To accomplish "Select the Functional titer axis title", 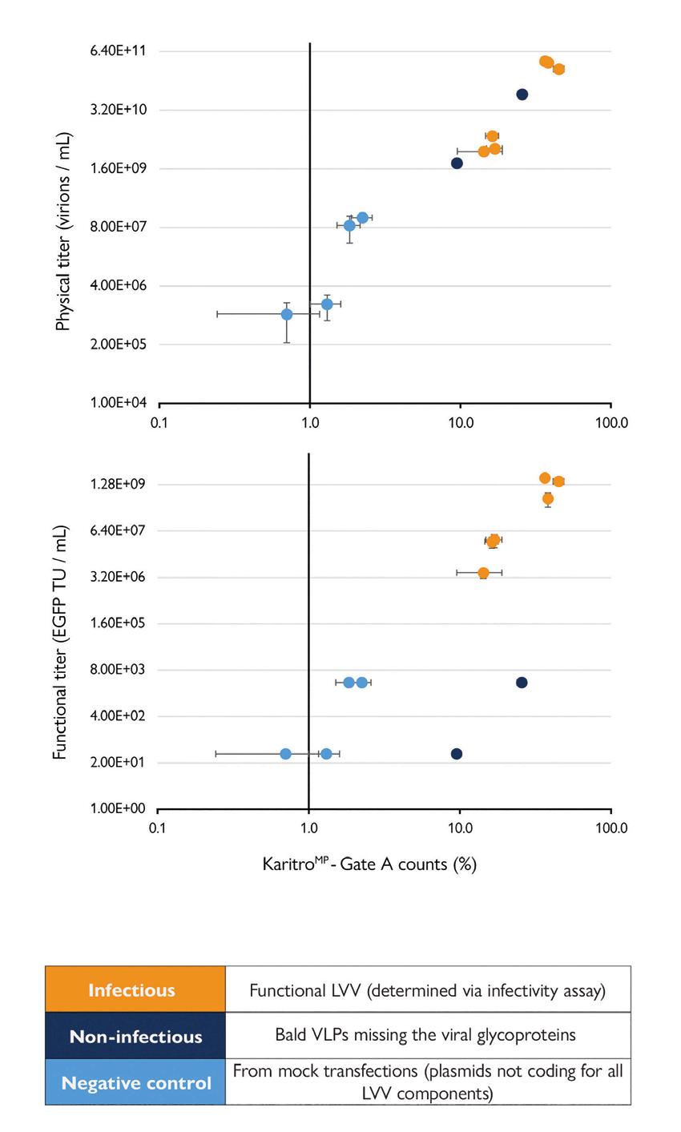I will tap(60, 643).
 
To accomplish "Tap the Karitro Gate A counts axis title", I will tap(369, 864).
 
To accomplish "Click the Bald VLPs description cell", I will tap(425, 1034).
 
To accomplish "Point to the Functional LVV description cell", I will tap(427, 990).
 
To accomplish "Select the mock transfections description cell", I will tap(427, 1082).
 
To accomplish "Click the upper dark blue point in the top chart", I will tap(522, 95).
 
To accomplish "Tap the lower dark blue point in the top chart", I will tap(457, 163).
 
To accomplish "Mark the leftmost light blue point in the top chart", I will tap(287, 314).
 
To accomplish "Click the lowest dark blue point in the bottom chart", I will tap(457, 754).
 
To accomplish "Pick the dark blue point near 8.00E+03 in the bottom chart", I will tap(522, 683).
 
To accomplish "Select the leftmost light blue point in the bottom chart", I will tap(285, 754).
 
